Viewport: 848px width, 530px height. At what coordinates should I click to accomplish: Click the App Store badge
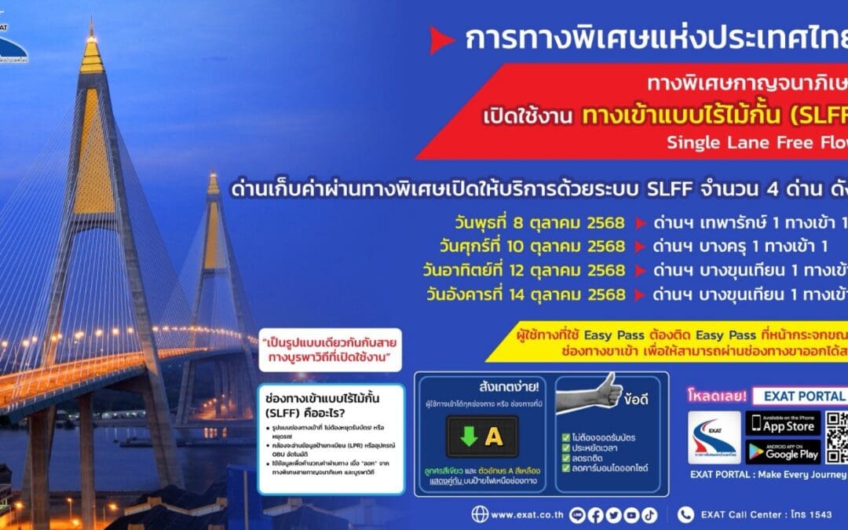782,424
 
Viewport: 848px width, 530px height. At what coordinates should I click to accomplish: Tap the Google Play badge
782,451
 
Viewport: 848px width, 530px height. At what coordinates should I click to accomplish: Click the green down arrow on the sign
469,437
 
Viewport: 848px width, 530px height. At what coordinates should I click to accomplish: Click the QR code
837,437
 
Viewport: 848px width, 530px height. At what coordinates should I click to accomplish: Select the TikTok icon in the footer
649,515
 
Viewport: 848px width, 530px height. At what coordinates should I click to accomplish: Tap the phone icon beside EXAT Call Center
685,515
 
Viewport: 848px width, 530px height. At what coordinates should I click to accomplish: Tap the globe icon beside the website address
480,515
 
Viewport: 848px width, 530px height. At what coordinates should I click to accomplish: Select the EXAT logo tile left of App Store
714,437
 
